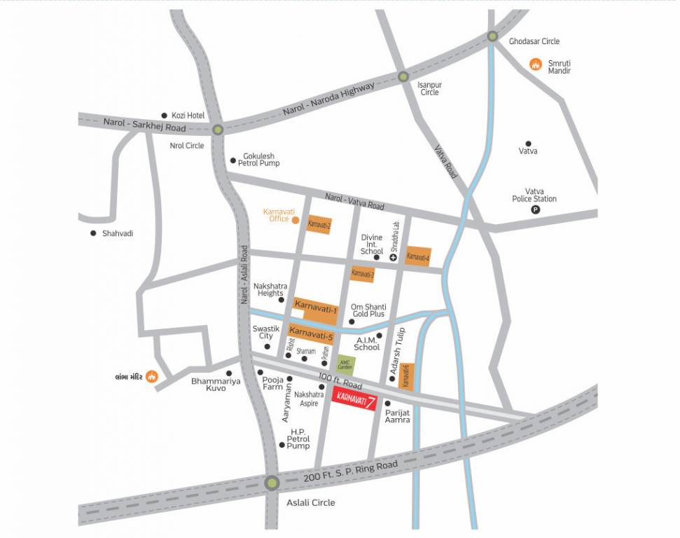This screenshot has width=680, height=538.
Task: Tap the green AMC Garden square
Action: tap(345, 365)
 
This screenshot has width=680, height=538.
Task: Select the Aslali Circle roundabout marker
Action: tap(272, 483)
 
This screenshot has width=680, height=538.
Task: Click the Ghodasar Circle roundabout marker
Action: tap(493, 36)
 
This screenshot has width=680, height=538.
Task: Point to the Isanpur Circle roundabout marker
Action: tap(403, 77)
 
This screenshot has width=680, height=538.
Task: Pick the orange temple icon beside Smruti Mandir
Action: tap(536, 65)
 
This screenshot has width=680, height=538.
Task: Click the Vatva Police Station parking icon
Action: tap(536, 209)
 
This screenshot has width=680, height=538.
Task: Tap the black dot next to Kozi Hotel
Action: tap(165, 116)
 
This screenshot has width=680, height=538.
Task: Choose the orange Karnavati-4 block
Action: tap(418, 257)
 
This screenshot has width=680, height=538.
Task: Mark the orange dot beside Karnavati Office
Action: tap(296, 220)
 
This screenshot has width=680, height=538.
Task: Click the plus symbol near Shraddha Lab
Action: tap(394, 258)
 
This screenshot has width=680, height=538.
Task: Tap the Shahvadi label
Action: tap(117, 233)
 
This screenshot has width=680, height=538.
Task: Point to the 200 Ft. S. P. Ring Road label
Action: tap(350, 472)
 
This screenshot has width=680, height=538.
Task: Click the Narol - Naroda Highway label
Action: tap(328, 98)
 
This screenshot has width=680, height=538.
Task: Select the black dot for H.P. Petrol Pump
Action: tap(282, 445)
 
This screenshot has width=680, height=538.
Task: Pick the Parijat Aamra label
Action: tap(397, 416)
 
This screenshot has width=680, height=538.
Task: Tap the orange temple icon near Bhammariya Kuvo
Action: tap(151, 376)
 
